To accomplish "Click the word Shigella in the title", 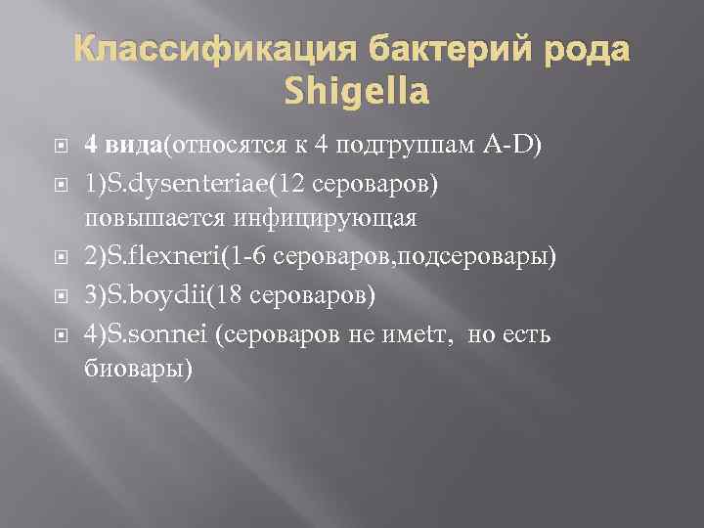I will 357,93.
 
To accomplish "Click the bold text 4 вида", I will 123,146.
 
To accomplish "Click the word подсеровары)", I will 479,256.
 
